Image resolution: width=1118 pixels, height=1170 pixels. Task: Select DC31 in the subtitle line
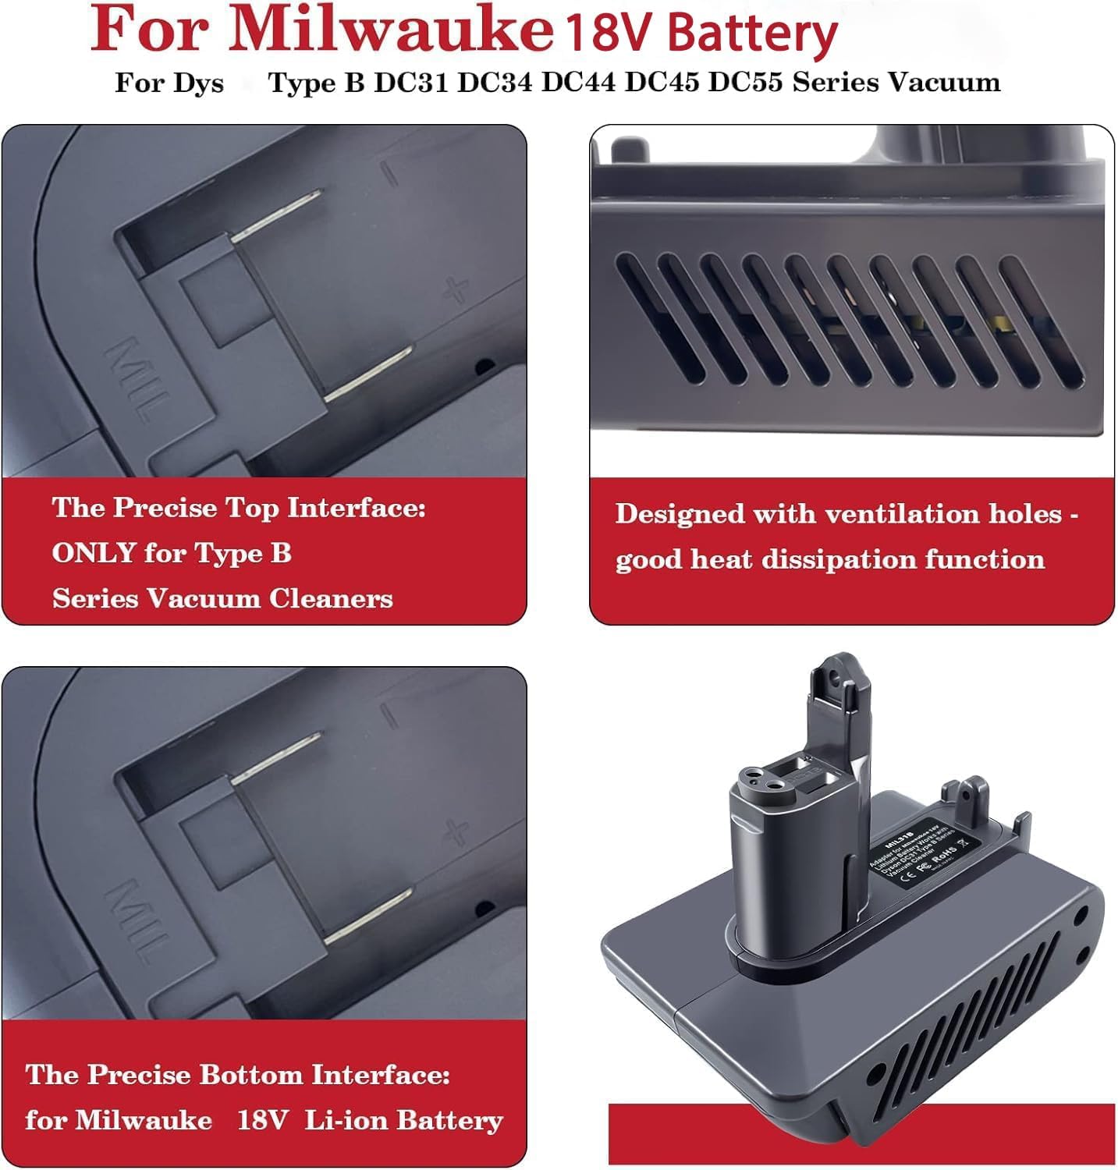pos(410,83)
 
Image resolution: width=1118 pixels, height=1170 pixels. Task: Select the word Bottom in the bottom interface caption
pos(251,1075)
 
